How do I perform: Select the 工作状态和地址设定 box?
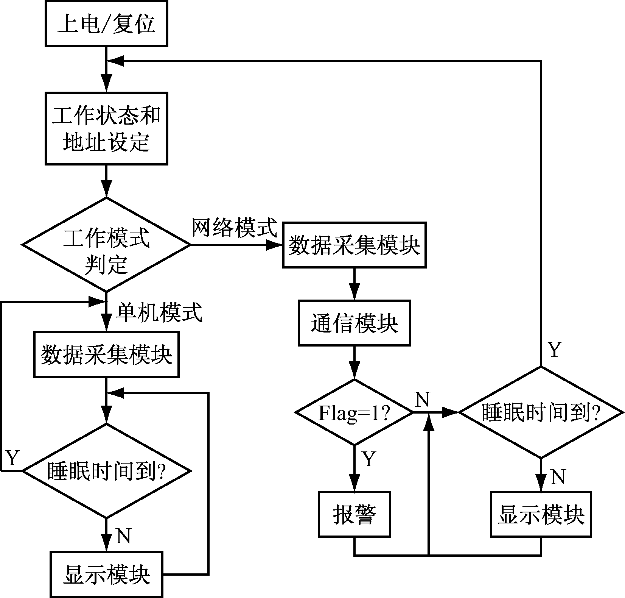[x=106, y=129]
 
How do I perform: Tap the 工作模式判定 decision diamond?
[x=106, y=245]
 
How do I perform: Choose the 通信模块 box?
[x=354, y=323]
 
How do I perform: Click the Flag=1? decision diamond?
[x=354, y=412]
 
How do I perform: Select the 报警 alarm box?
[x=354, y=515]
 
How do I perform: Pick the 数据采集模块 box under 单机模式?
[x=106, y=355]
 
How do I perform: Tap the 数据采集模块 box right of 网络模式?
[x=354, y=245]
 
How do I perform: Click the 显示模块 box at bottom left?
[x=106, y=575]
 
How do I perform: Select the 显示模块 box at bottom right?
[x=541, y=515]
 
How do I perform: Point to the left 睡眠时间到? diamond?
[x=106, y=471]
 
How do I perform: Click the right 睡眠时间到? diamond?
[x=541, y=412]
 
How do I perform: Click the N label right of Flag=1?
[x=423, y=399]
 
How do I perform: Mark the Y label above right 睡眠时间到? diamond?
[x=554, y=350]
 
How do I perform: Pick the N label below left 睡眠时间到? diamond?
[x=123, y=536]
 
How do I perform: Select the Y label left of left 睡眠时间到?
[x=12, y=458]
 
